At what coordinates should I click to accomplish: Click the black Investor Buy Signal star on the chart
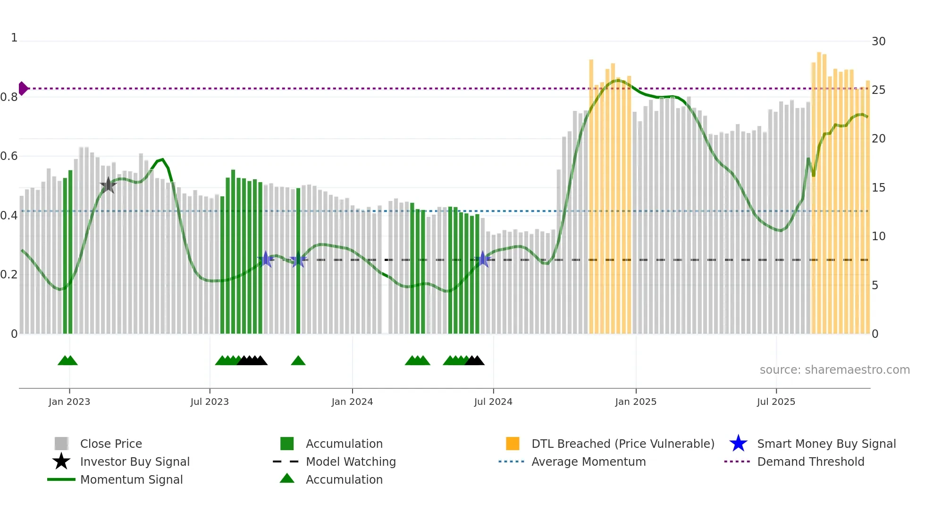(108, 185)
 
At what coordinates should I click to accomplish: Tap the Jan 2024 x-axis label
(352, 402)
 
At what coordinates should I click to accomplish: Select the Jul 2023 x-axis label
(210, 402)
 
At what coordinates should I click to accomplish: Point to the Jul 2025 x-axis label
(776, 402)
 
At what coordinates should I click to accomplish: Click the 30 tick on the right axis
(878, 42)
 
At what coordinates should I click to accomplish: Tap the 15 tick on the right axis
(878, 188)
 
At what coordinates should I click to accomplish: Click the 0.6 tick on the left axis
(9, 156)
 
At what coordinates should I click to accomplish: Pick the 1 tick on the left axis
(14, 38)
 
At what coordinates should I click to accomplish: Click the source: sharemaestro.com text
(834, 370)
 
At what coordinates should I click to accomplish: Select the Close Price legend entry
(111, 444)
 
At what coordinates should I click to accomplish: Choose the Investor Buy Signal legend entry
(135, 461)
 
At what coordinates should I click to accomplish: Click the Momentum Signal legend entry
(131, 479)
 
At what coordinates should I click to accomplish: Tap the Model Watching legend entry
(351, 461)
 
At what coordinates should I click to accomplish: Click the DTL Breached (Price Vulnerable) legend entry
(622, 444)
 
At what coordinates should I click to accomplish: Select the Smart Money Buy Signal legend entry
(826, 444)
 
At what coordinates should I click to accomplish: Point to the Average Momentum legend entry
(589, 461)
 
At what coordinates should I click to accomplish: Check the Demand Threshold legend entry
(810, 461)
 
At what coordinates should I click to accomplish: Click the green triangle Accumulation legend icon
(287, 479)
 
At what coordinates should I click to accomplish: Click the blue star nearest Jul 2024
(483, 259)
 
